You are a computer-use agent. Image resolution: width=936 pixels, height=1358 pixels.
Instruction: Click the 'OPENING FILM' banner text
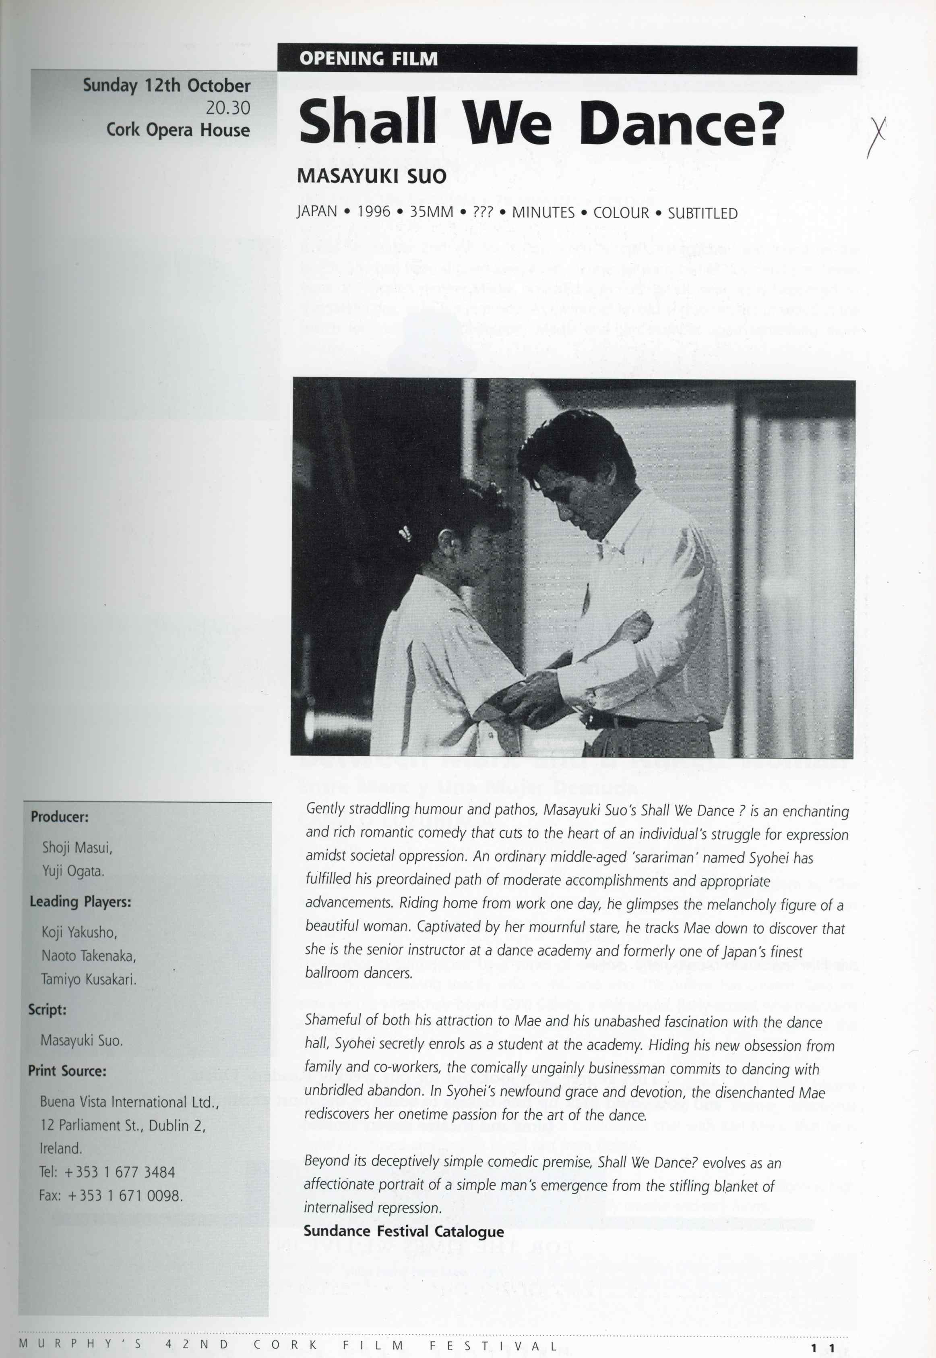368,59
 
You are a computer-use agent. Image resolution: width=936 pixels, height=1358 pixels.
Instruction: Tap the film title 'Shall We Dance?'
541,122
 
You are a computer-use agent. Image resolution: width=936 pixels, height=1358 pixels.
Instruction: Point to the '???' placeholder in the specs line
483,212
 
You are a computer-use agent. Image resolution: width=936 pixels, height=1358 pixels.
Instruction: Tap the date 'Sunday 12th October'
167,86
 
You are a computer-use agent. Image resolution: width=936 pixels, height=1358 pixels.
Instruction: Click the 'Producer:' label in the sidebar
60,817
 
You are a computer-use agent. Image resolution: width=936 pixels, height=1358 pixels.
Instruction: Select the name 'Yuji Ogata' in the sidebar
73,871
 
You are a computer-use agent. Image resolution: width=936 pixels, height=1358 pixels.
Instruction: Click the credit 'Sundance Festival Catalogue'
403,1231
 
